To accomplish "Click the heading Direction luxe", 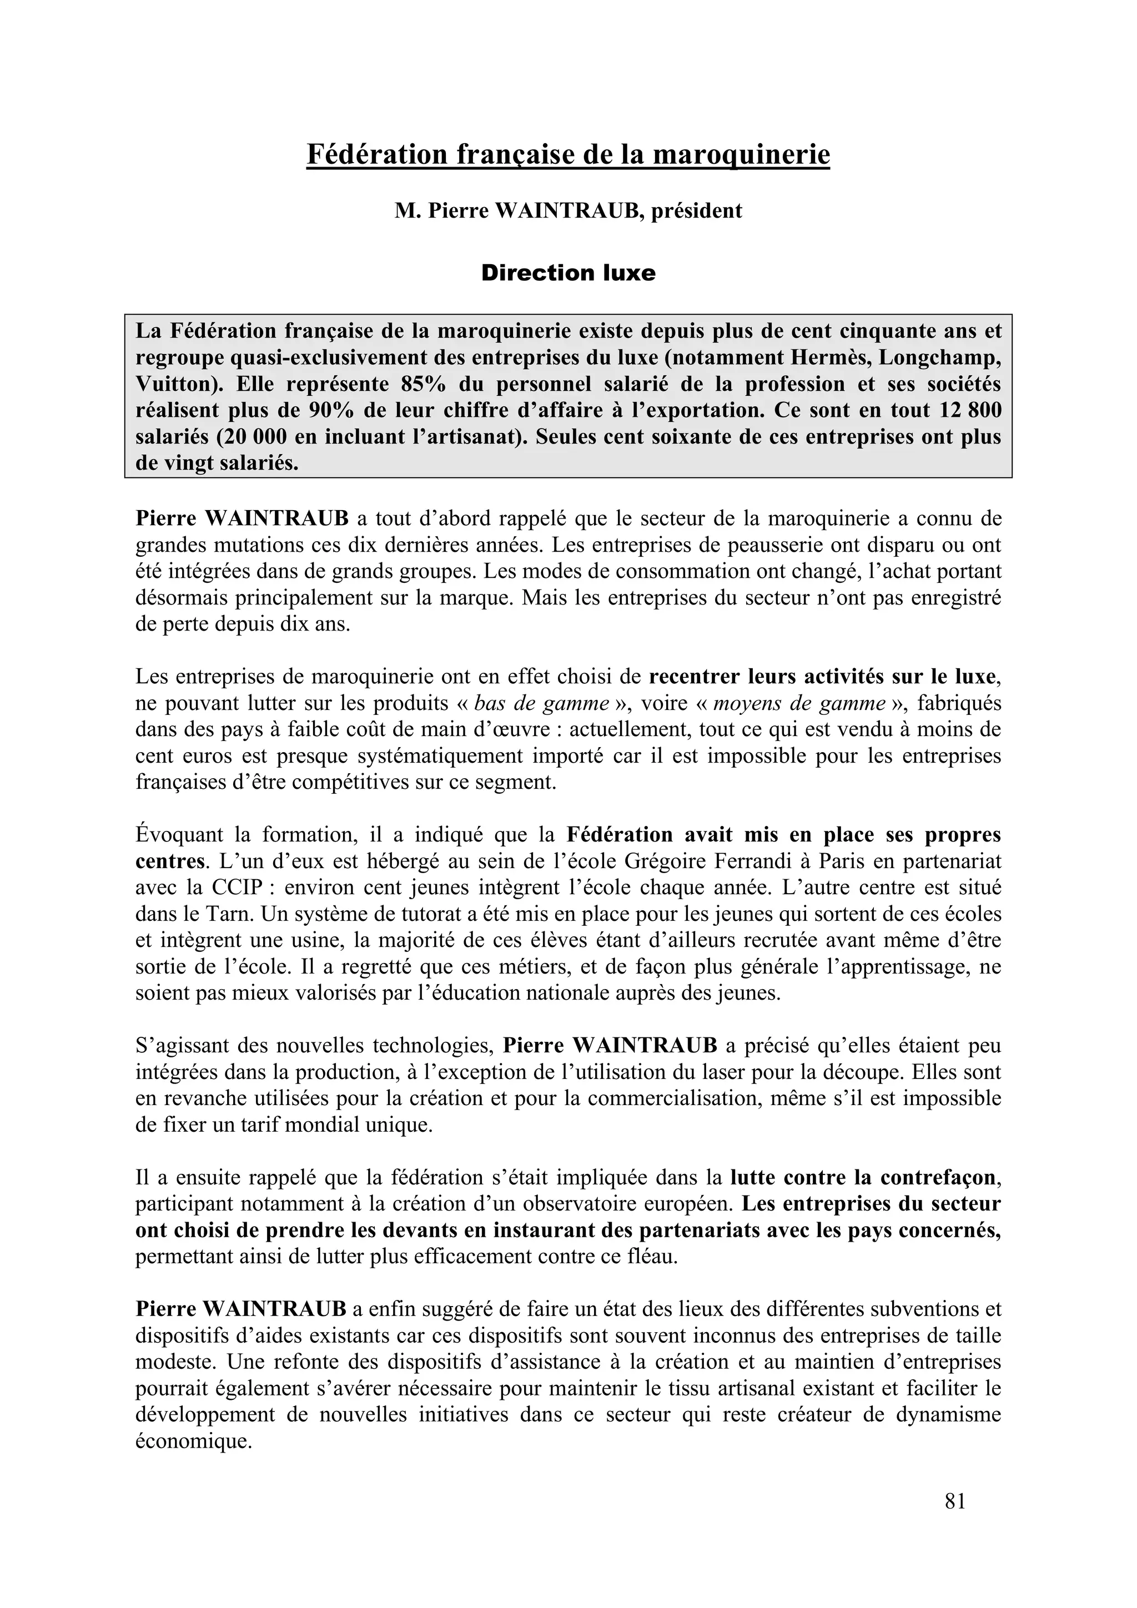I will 567,273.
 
